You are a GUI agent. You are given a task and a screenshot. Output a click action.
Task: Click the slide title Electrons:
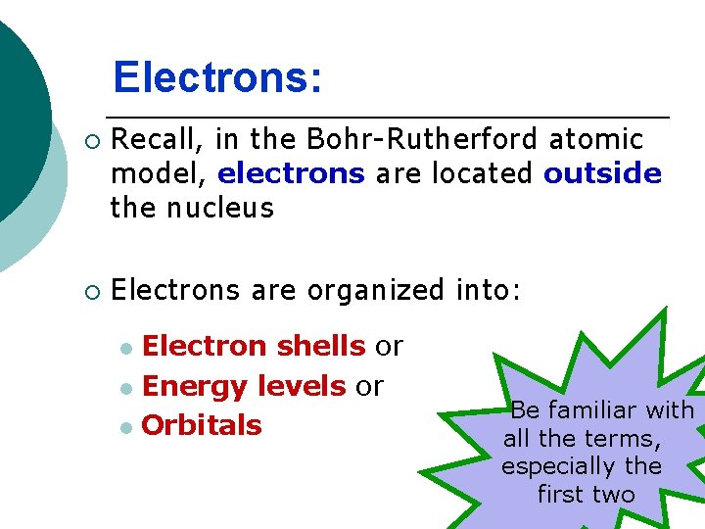click(x=216, y=77)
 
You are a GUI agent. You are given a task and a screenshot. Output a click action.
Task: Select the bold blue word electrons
click(x=291, y=174)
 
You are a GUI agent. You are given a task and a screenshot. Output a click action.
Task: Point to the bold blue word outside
click(x=602, y=174)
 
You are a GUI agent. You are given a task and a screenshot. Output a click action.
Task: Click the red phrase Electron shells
click(x=254, y=346)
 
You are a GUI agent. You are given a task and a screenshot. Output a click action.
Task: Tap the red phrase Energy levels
click(x=244, y=386)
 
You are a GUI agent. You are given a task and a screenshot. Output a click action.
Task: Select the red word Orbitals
click(x=202, y=425)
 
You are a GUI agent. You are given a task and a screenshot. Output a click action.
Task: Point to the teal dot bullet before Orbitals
click(x=124, y=427)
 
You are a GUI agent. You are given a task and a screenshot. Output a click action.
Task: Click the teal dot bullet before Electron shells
click(x=124, y=348)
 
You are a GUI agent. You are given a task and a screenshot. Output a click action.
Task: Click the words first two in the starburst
click(x=586, y=495)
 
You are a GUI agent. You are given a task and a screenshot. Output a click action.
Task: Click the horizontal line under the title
click(x=392, y=118)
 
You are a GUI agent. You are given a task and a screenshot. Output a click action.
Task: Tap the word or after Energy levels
click(x=369, y=386)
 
